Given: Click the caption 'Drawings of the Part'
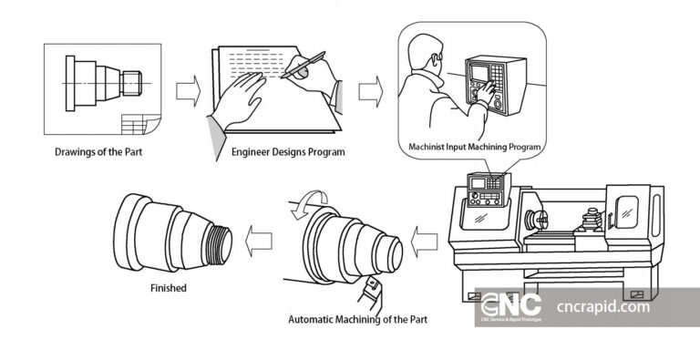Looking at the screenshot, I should [x=98, y=152].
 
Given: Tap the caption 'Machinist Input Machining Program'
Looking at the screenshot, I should [x=476, y=147].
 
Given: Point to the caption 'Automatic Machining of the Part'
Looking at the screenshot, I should [x=357, y=320].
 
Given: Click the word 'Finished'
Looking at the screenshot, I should [x=168, y=288].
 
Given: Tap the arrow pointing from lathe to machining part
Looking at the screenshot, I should [x=424, y=242].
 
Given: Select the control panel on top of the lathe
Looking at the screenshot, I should [x=487, y=187].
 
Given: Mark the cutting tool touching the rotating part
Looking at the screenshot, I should [x=371, y=291].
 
